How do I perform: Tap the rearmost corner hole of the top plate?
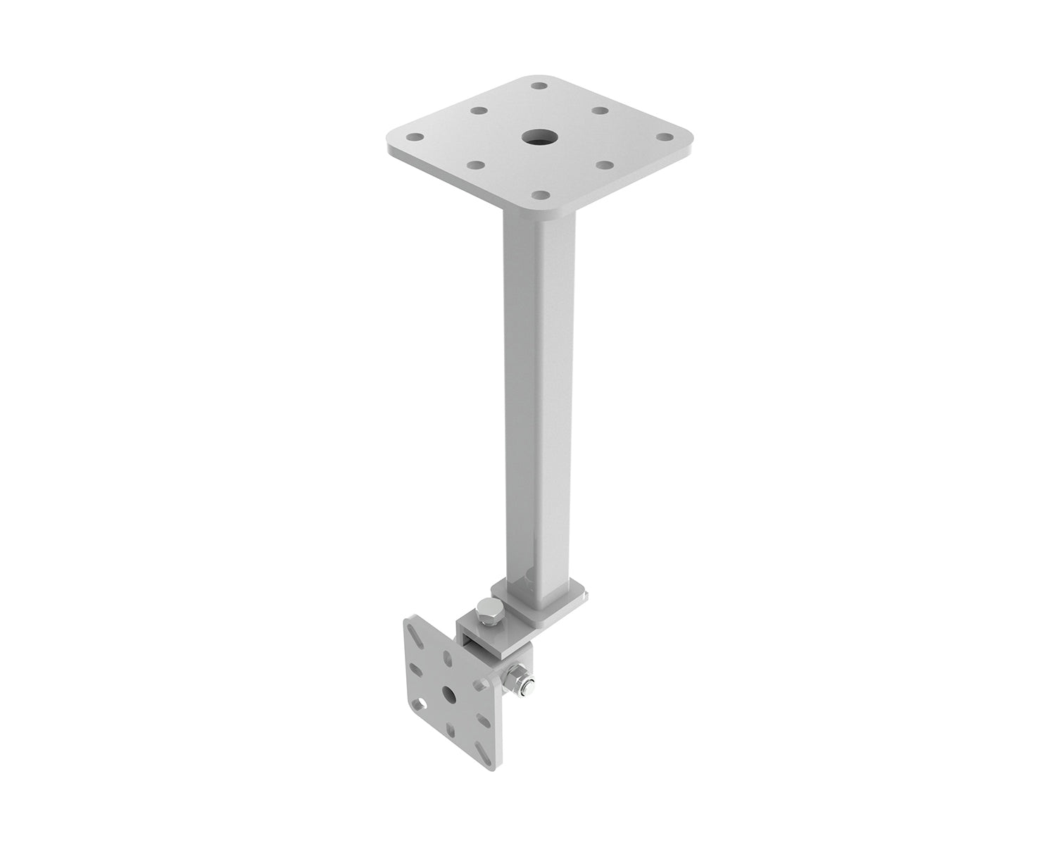(539, 85)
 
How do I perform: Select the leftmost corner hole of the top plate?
(415, 137)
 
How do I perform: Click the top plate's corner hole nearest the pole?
(540, 194)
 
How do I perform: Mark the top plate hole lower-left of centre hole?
(477, 165)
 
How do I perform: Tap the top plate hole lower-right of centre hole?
(603, 165)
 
